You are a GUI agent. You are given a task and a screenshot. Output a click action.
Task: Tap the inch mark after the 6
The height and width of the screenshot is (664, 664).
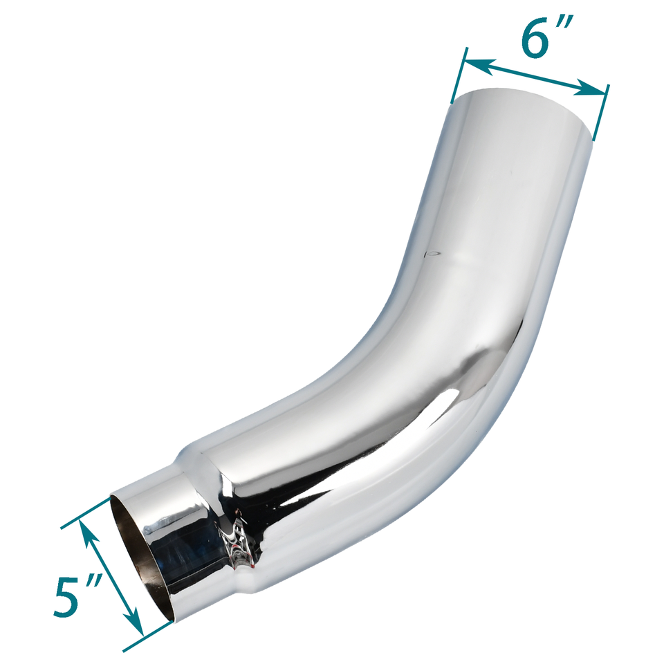click(565, 29)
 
